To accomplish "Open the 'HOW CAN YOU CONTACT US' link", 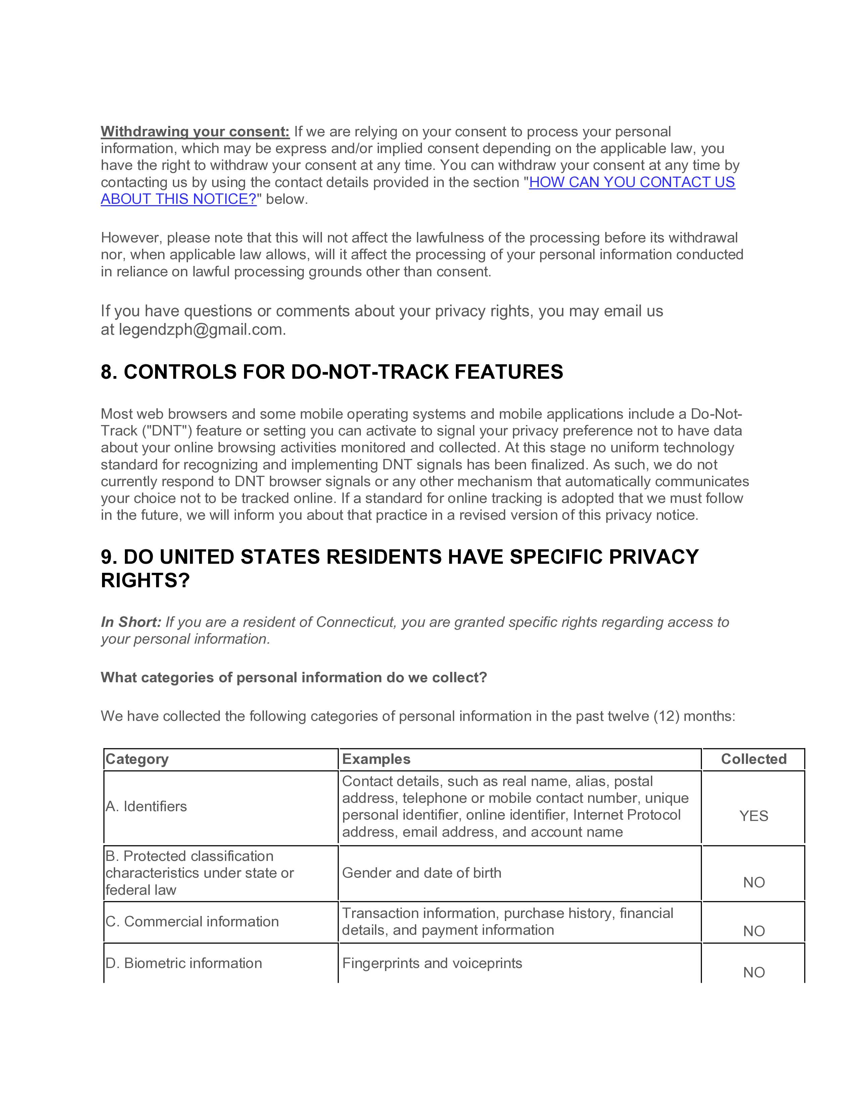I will pos(631,182).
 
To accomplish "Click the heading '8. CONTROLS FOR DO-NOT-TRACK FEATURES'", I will pos(332,372).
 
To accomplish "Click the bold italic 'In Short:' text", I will pos(131,622).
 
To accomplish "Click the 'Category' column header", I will pos(137,759).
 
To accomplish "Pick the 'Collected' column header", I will pos(754,759).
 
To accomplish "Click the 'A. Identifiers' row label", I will pos(146,806).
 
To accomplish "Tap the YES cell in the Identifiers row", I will pos(754,816).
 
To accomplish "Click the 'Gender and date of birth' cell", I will pos(421,873).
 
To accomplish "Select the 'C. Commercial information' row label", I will pos(192,921).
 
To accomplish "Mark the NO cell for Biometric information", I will pos(754,972).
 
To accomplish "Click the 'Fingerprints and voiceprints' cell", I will pos(432,963).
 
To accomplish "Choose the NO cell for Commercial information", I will pos(754,931).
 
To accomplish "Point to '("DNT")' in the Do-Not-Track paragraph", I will pos(162,431).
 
